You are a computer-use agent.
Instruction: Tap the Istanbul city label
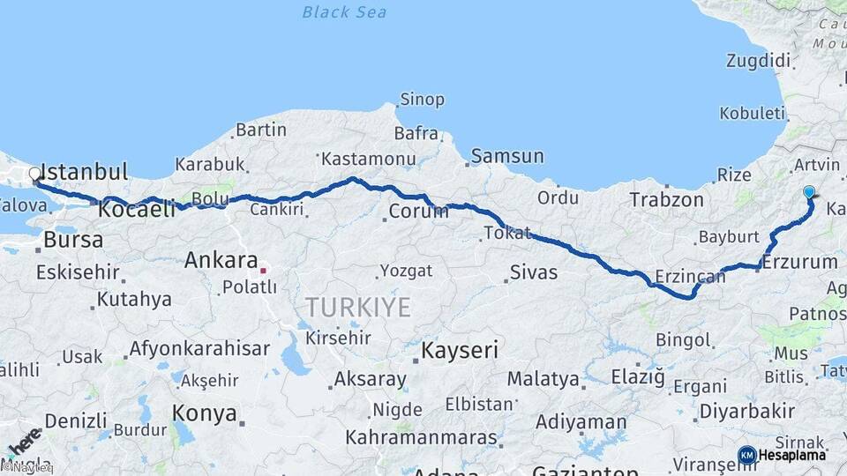(85, 171)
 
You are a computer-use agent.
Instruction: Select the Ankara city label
(221, 260)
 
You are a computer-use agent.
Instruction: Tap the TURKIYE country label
(358, 307)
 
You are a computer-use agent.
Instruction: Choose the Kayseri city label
(460, 350)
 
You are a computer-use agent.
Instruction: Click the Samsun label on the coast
(507, 157)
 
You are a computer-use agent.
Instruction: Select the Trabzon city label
(667, 200)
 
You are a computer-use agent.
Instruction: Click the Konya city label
(205, 413)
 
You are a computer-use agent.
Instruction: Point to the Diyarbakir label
(746, 412)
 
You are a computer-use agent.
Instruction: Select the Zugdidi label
(757, 61)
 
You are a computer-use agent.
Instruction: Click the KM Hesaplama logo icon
(746, 455)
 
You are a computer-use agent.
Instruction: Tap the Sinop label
(422, 99)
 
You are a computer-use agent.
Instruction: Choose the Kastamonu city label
(368, 160)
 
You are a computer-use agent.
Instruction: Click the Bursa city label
(73, 239)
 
